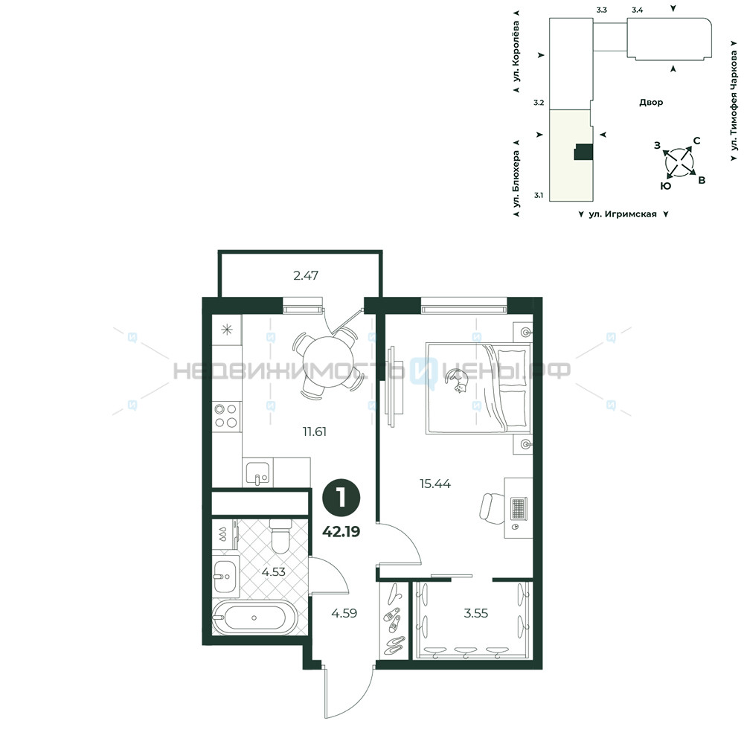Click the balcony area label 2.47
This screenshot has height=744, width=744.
306,275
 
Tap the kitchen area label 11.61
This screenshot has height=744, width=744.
315,432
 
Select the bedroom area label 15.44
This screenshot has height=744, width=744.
435,484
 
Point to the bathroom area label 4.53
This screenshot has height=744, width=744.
274,571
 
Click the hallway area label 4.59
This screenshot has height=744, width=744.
344,613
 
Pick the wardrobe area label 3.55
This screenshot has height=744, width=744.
475,613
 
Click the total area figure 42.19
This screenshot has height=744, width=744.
341,531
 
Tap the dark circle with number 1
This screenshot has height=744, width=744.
341,498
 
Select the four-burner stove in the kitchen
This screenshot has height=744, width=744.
226,416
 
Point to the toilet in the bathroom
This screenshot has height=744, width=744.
280,536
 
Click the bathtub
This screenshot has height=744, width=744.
254,618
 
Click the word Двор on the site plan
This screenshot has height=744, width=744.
651,103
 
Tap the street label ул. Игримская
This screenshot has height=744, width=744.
623,214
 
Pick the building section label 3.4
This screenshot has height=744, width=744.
638,10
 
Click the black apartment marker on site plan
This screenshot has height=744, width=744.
583,152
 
